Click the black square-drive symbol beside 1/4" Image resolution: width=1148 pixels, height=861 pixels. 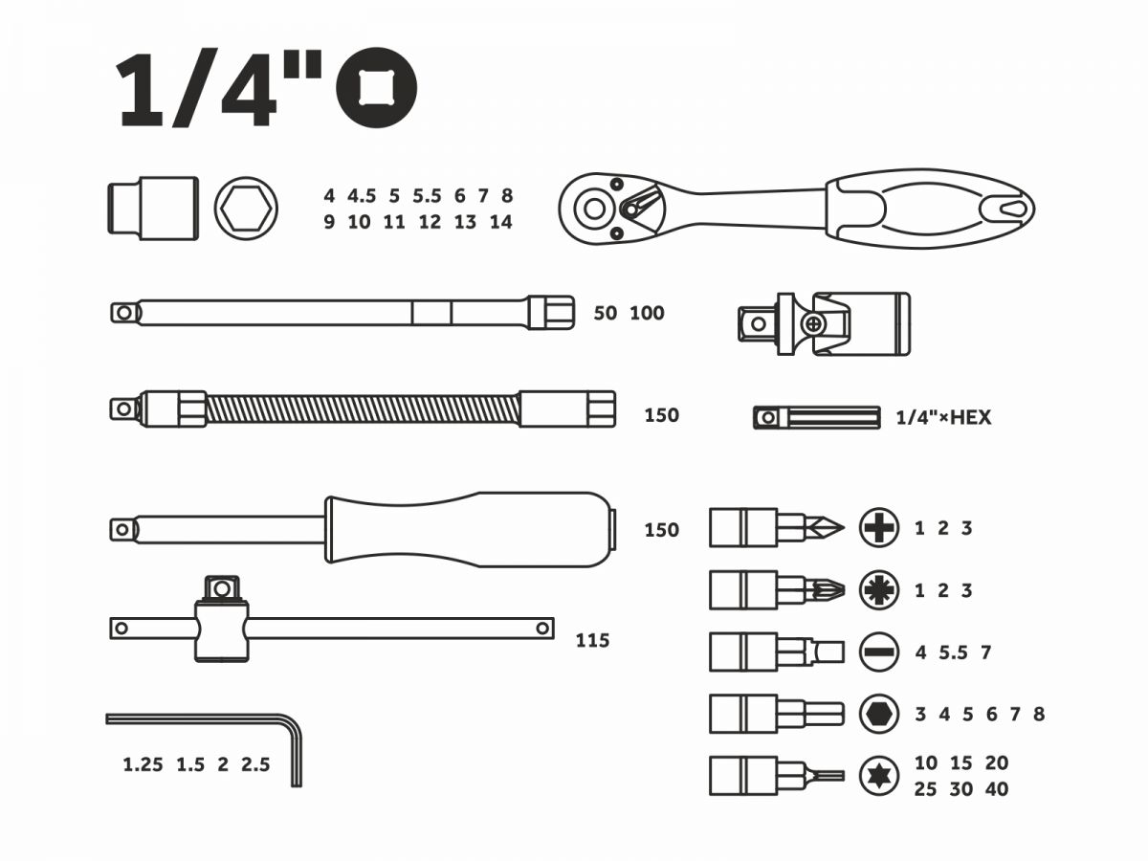[376, 88]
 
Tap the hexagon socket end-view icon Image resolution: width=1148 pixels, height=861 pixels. [246, 208]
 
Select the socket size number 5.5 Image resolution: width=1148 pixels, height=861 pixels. [427, 196]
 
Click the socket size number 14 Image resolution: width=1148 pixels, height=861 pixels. [500, 222]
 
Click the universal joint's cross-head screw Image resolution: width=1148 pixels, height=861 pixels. [814, 325]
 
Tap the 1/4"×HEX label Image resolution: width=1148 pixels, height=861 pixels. [943, 418]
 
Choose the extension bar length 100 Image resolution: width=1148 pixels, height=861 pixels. [647, 313]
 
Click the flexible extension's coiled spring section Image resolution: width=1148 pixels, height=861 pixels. [364, 409]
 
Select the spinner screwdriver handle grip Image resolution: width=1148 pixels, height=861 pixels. [469, 529]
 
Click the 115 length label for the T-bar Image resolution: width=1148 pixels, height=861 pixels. [592, 641]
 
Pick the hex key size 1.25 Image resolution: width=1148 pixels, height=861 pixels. [143, 764]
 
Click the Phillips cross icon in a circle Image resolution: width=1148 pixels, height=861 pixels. [879, 527]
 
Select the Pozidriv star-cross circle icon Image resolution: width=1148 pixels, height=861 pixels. [879, 590]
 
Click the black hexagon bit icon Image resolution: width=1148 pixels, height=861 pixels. [879, 714]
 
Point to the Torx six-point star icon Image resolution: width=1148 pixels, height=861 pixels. [879, 776]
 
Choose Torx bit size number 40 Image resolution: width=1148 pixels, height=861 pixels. [996, 789]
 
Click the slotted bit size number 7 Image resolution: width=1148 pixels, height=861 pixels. [986, 652]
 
